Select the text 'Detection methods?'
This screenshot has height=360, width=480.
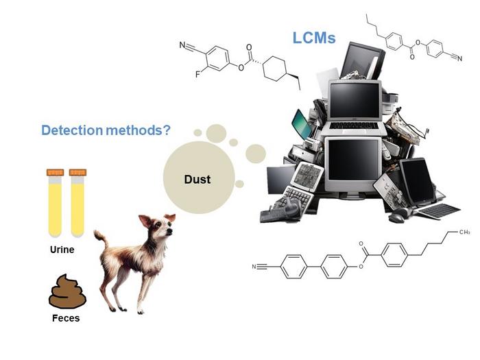[106, 129]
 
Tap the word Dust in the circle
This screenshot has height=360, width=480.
[197, 180]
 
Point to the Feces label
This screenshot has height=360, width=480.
[66, 318]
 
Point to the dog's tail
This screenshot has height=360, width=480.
[101, 240]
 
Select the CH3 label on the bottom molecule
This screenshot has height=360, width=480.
[464, 232]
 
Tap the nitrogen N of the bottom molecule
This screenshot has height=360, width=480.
[256, 267]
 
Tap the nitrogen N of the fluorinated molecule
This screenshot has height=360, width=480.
[183, 46]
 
